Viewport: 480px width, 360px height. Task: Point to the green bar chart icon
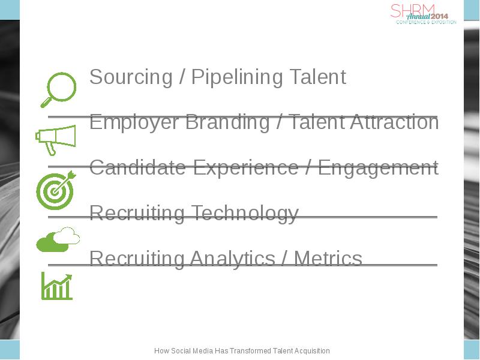(x=57, y=286)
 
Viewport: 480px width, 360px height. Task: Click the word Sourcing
(x=131, y=77)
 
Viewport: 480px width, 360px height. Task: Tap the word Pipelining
(x=236, y=77)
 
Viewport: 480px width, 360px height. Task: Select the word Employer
(x=134, y=122)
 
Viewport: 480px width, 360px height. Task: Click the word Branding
(x=227, y=122)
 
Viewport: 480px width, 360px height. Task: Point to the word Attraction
(x=395, y=122)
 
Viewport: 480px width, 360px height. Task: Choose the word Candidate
(x=138, y=167)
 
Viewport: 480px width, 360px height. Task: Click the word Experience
(x=246, y=168)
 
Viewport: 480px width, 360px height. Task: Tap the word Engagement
(x=378, y=168)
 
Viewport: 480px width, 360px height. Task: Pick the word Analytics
(x=232, y=259)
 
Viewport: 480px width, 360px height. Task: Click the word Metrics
(x=328, y=258)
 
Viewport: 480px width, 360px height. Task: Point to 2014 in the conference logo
(x=439, y=16)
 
